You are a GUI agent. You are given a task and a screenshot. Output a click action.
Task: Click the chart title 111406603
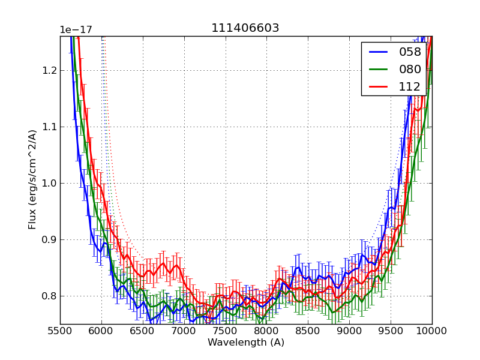(245, 28)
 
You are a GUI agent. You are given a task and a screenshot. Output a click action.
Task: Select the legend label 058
(410, 52)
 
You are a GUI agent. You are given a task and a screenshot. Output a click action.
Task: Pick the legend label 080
(410, 69)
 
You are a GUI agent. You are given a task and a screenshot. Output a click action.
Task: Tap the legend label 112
(410, 86)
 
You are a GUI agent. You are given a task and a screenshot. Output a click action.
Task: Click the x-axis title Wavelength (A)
(246, 343)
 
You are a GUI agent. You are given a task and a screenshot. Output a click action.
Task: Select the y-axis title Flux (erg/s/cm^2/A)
(32, 179)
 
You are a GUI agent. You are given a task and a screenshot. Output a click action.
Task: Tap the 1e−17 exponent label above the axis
(76, 30)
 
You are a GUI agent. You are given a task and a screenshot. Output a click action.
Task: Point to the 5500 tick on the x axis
(60, 331)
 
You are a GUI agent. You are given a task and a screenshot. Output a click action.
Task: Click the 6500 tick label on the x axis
(143, 331)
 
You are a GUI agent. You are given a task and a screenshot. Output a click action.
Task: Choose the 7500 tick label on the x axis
(226, 331)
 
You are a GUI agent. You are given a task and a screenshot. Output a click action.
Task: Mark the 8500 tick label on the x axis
(308, 331)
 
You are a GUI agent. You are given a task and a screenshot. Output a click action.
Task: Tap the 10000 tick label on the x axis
(432, 331)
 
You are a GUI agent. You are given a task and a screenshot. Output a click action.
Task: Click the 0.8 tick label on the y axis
(47, 296)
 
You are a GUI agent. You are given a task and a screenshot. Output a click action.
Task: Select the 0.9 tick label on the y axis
(47, 239)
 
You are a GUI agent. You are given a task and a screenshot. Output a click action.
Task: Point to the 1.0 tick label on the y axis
(47, 183)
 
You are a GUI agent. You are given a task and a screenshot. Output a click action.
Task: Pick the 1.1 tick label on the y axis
(47, 127)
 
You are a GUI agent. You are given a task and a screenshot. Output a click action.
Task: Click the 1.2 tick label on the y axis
(47, 70)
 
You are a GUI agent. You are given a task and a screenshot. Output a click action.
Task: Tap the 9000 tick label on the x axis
(350, 331)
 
